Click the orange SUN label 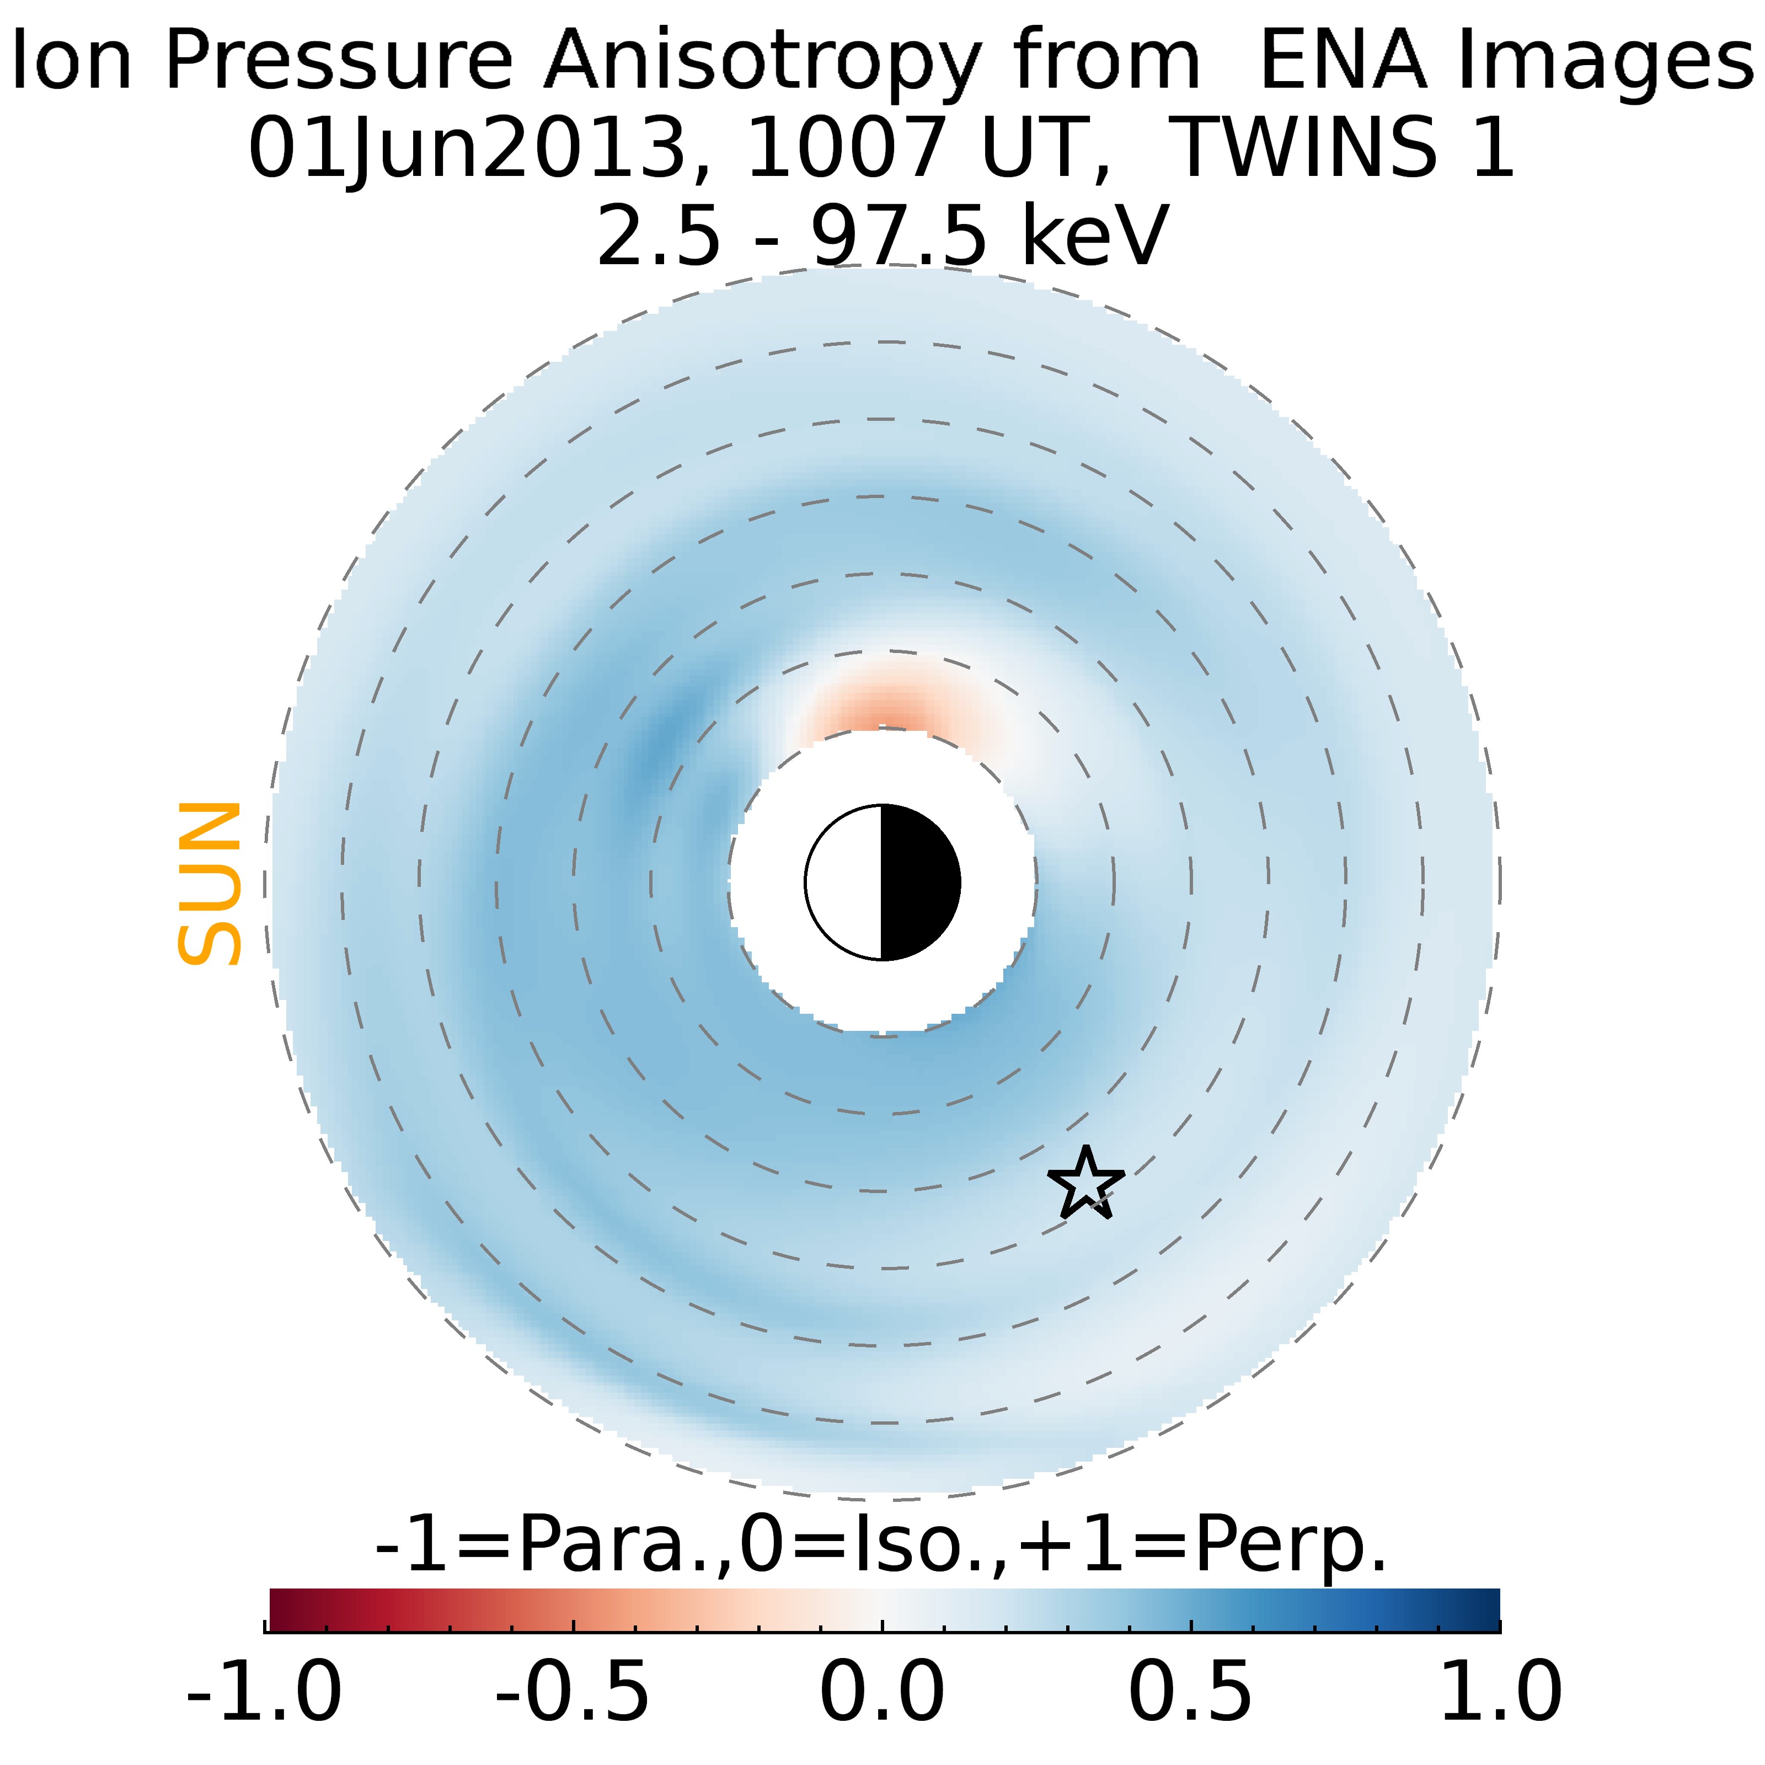click(x=209, y=884)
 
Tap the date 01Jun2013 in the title click(x=466, y=148)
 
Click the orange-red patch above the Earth click(x=881, y=708)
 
